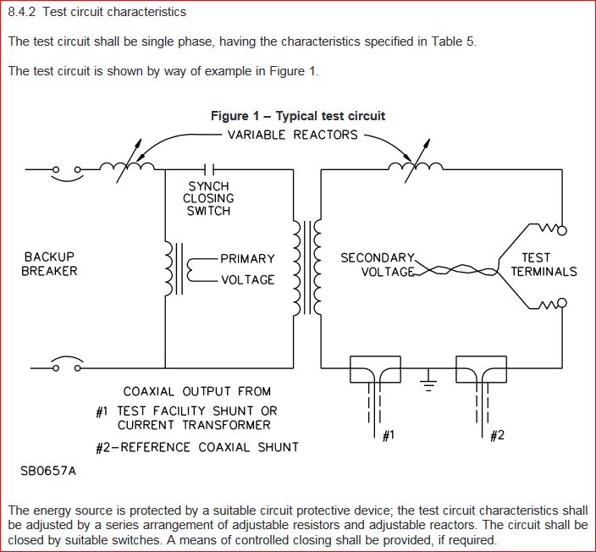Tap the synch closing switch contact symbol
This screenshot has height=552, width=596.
coord(208,169)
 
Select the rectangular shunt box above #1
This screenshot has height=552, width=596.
coord(375,369)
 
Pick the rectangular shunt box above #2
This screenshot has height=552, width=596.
coord(481,369)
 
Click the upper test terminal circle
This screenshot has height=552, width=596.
coord(562,230)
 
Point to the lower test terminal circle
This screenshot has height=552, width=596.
coord(562,302)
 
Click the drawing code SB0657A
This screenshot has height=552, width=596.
coord(48,471)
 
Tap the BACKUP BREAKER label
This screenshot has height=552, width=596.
coord(49,264)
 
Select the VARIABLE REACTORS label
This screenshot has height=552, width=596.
coord(293,135)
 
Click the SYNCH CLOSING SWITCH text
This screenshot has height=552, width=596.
coord(208,198)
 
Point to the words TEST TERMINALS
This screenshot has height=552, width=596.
coord(544,265)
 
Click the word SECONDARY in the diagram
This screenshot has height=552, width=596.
coord(378,257)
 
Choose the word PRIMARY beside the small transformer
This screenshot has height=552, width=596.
coord(247,258)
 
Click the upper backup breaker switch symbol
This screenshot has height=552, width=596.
coord(67,173)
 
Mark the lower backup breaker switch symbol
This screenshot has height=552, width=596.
coord(67,364)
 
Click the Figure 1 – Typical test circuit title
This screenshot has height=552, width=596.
coord(298,116)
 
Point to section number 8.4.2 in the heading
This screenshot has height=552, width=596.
coord(22,12)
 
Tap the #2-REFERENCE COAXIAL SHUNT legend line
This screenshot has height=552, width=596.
coord(197,448)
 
